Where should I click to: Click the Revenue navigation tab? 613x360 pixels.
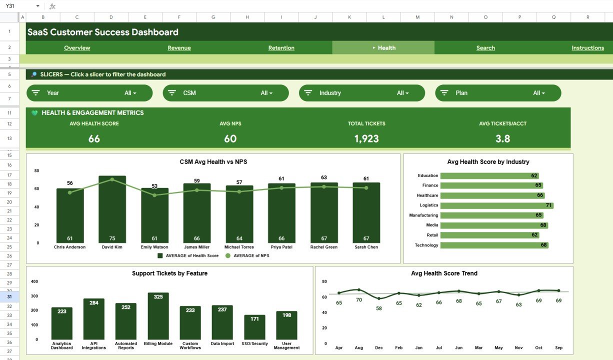pyautogui.click(x=179, y=48)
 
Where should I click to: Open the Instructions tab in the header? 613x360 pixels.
pyautogui.click(x=587, y=48)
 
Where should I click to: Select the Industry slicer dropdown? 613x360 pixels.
pyautogui.click(x=362, y=93)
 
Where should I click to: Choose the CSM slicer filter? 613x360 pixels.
pyautogui.click(x=225, y=93)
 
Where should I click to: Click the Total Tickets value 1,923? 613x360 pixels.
pyautogui.click(x=366, y=139)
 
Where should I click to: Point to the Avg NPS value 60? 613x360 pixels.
pyautogui.click(x=230, y=139)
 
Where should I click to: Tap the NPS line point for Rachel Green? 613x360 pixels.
pyautogui.click(x=324, y=186)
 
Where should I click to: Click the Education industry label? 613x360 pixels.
pyautogui.click(x=428, y=176)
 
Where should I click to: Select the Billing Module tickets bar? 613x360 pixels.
pyautogui.click(x=158, y=316)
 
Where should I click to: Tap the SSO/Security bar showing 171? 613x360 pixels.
pyautogui.click(x=254, y=327)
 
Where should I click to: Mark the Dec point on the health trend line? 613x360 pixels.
pyautogui.click(x=379, y=298)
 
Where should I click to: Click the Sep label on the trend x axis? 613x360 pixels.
pyautogui.click(x=558, y=347)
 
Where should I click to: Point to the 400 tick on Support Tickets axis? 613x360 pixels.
pyautogui.click(x=34, y=281)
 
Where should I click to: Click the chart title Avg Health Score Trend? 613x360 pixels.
pyautogui.click(x=444, y=273)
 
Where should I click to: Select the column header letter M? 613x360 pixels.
pyautogui.click(x=417, y=17)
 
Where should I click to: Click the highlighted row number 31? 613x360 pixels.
pyautogui.click(x=9, y=296)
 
